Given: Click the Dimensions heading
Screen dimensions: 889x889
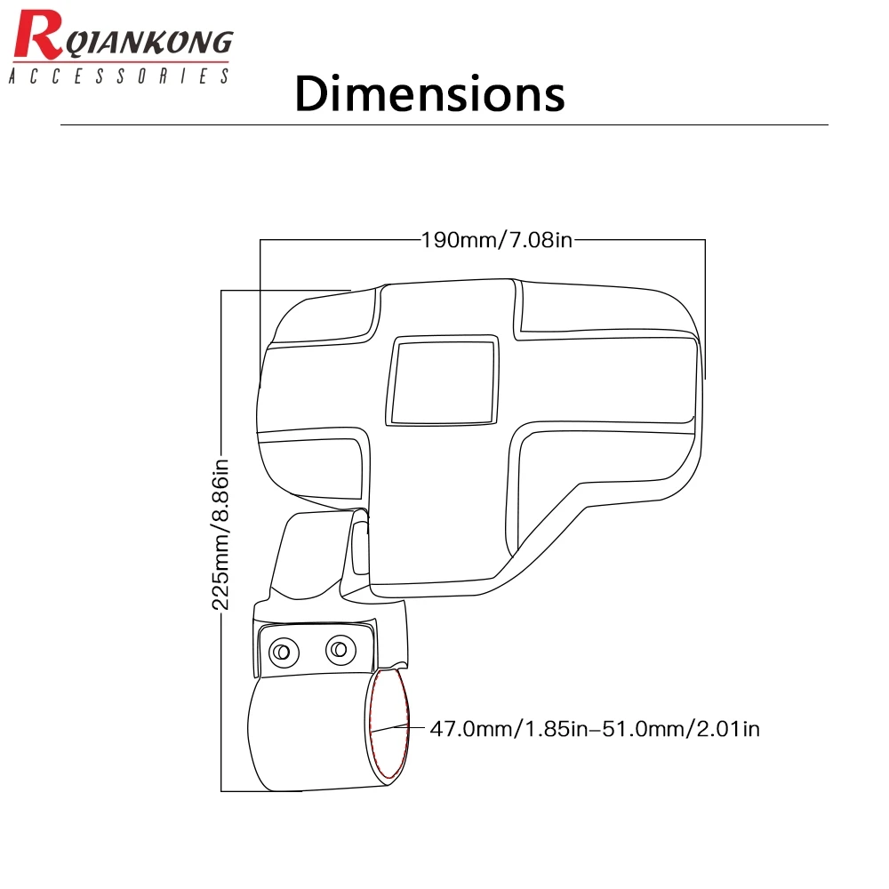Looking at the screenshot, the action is coord(429,93).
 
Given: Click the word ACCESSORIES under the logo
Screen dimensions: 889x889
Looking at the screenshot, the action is coord(119,76).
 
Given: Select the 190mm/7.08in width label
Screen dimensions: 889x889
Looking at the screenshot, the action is coord(497,240).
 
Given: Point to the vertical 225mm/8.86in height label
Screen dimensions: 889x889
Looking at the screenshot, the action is coord(220,534).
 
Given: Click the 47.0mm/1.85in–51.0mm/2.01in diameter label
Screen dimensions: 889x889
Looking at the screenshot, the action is coord(595,729).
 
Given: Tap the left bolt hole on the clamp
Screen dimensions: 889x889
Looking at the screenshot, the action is coord(283,652).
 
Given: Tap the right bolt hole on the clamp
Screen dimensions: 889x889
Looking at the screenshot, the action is coord(340,650).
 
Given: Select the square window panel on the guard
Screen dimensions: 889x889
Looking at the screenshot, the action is coord(442,380).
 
